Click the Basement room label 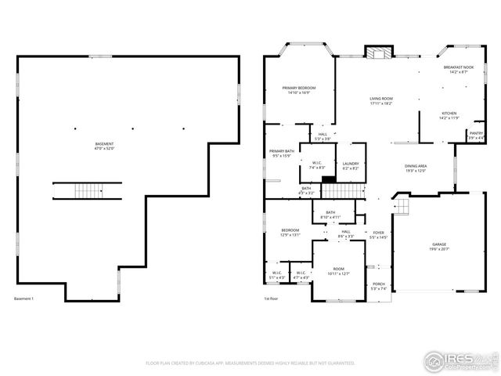(x=104, y=146)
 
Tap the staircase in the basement (x=88, y=191)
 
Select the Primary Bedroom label (x=299, y=90)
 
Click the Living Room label (x=381, y=100)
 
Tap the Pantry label (x=476, y=135)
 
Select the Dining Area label (x=415, y=168)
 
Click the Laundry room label (x=351, y=166)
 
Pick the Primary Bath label (x=282, y=154)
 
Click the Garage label (x=438, y=247)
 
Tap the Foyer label (x=379, y=235)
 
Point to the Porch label (x=378, y=286)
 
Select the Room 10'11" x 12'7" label (x=338, y=271)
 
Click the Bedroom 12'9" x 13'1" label (x=290, y=233)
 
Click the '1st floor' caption (x=272, y=299)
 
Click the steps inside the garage (x=401, y=207)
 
